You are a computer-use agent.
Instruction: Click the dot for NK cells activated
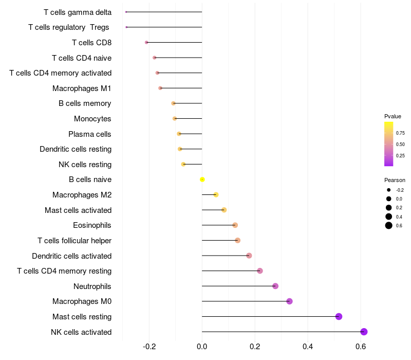point(364,332)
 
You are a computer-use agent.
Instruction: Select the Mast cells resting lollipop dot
point(339,316)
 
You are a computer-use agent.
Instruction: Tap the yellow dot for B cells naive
point(202,179)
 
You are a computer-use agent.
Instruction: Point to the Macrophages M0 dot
point(289,301)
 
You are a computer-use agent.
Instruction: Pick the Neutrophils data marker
point(275,286)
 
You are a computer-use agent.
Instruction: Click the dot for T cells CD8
point(146,43)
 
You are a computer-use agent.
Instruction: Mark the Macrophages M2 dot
point(216,194)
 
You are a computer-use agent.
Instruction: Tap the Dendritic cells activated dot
point(249,256)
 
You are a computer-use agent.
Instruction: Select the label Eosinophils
point(92,225)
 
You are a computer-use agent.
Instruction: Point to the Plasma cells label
point(90,134)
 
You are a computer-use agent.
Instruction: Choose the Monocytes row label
point(92,119)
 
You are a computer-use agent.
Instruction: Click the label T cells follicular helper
point(74,241)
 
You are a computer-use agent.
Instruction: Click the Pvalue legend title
point(393,116)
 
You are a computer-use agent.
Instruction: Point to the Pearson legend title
point(395,180)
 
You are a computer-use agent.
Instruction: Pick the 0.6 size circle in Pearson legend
point(389,226)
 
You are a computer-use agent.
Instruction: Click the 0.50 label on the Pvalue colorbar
point(400,144)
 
